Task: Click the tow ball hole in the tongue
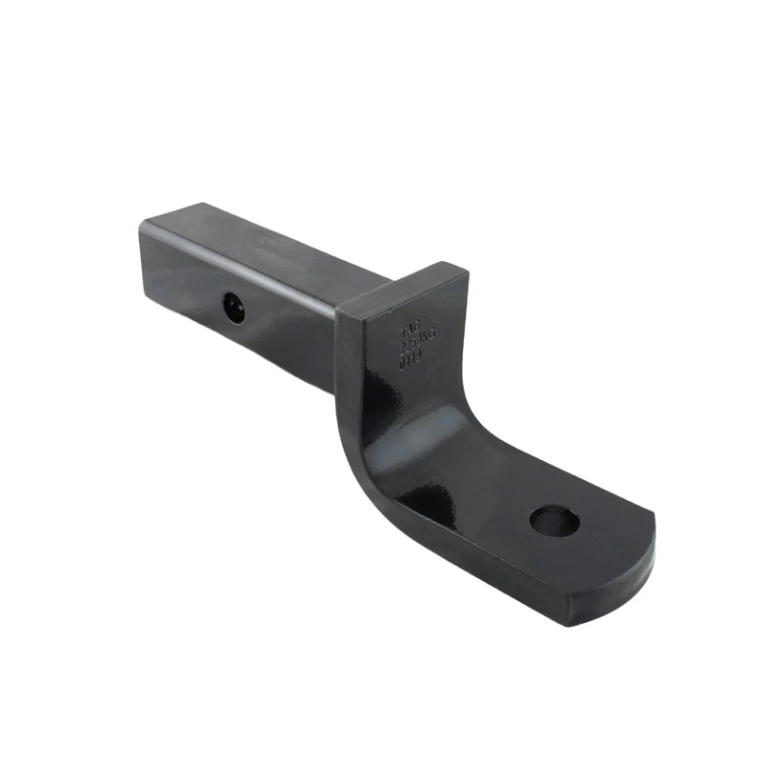[x=553, y=520]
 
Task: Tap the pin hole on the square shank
[x=233, y=306]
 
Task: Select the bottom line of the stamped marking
[x=412, y=360]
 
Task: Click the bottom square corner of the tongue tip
[x=571, y=619]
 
